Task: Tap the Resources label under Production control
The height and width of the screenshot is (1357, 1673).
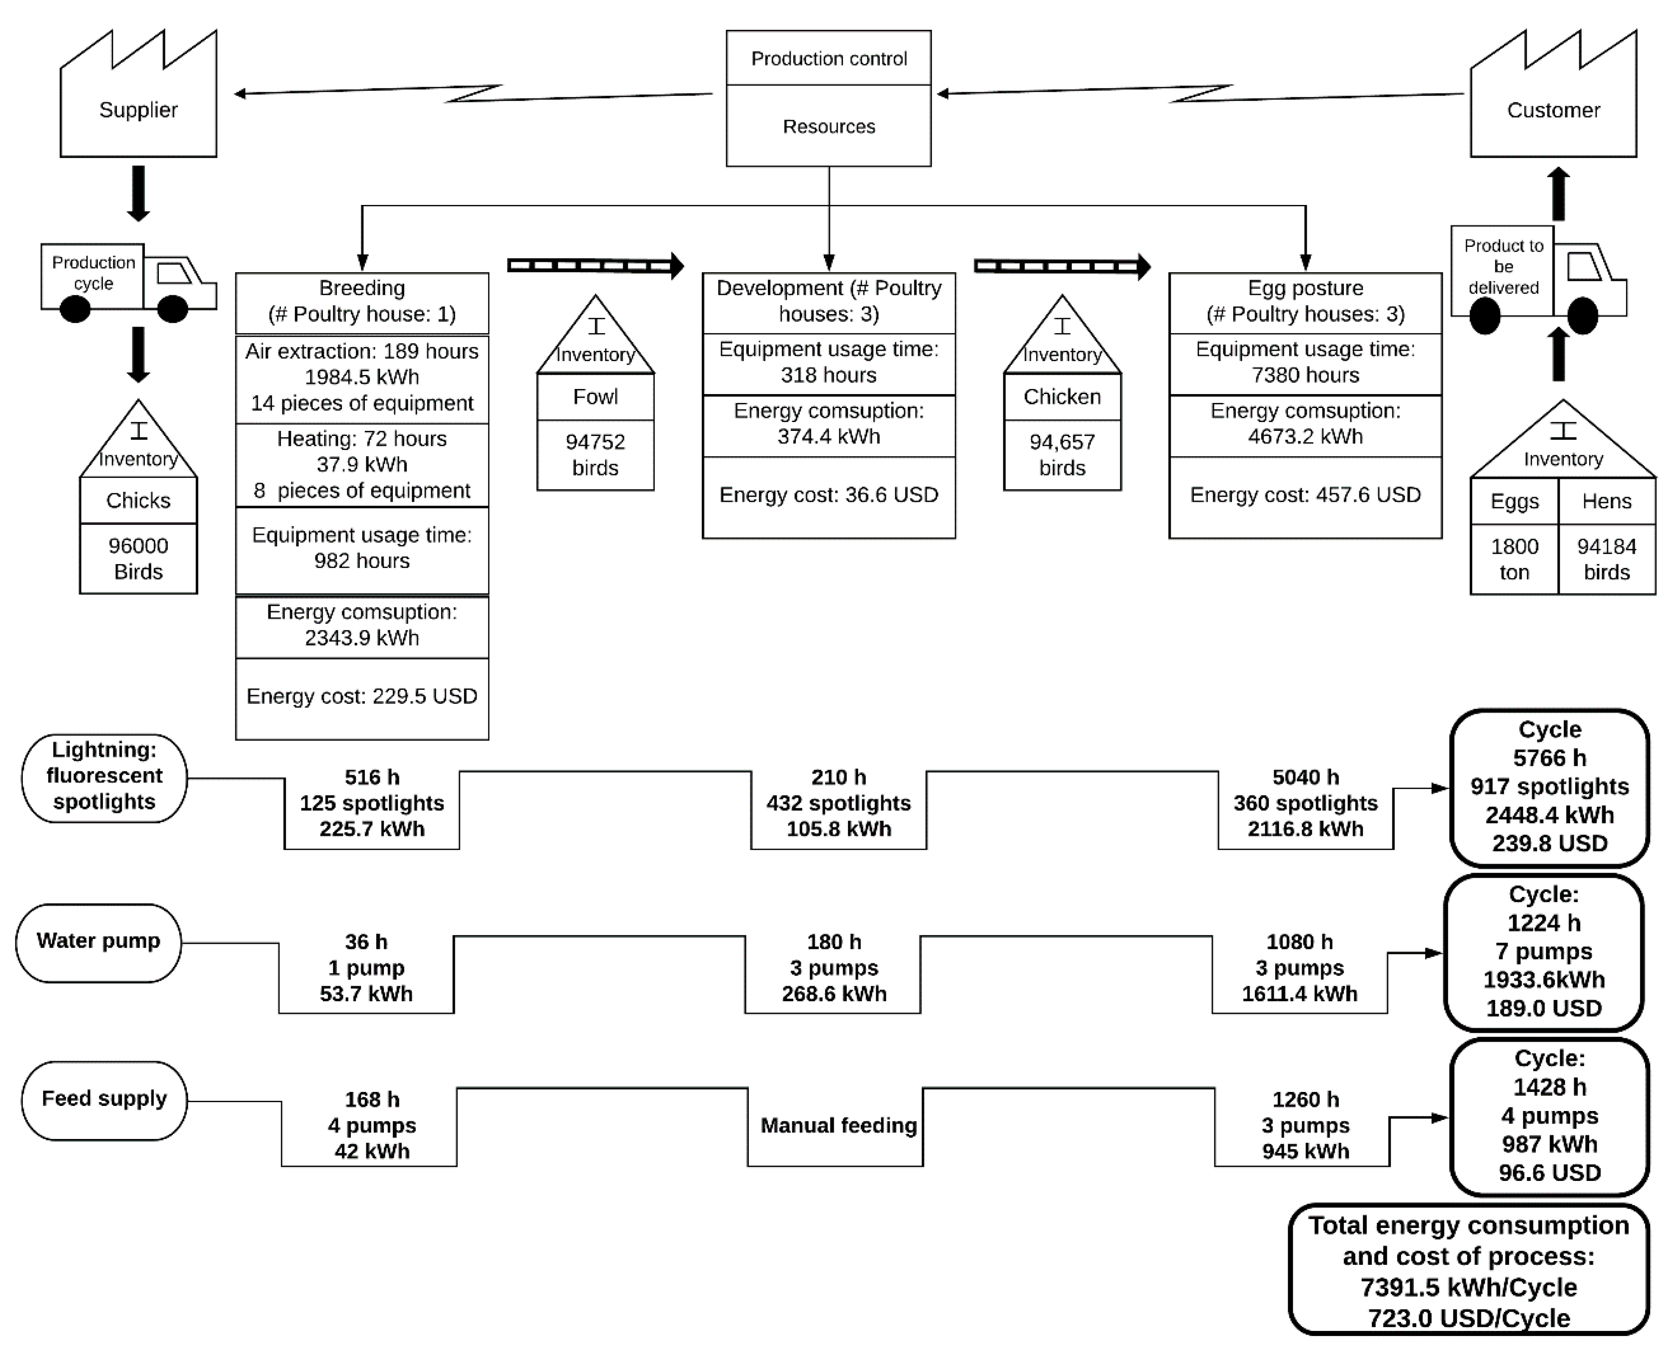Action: tap(829, 127)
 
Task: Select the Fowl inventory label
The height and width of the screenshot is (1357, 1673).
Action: tap(595, 397)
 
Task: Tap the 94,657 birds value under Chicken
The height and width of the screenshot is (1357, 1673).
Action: tap(1062, 455)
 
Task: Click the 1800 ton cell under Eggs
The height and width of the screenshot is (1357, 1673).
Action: tap(1514, 559)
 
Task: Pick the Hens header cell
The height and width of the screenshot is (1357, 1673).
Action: tap(1606, 501)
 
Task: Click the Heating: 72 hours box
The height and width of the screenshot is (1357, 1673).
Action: tap(362, 465)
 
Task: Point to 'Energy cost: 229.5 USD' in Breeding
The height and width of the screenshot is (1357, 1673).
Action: tap(362, 696)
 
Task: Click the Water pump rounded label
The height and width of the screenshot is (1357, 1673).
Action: tap(98, 943)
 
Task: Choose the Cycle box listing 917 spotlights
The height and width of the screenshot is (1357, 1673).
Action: tap(1550, 788)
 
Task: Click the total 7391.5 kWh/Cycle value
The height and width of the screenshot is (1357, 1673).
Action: tap(1468, 1288)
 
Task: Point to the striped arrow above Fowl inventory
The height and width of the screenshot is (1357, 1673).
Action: tap(596, 266)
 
